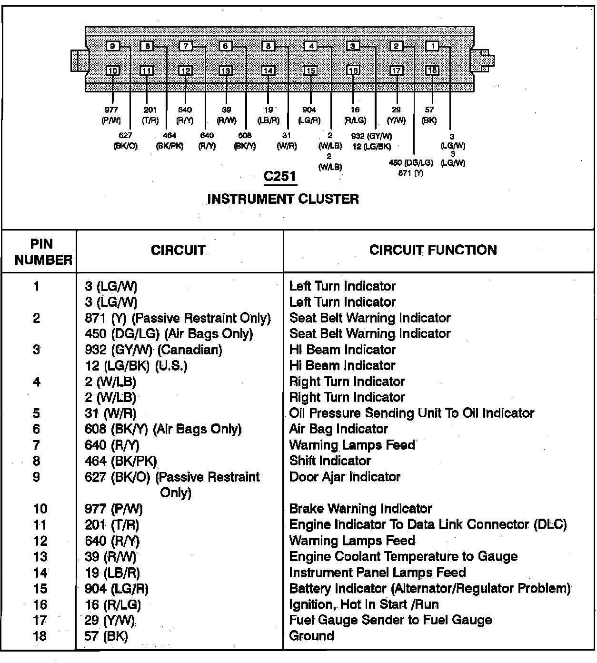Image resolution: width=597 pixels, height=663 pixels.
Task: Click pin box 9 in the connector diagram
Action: [x=113, y=46]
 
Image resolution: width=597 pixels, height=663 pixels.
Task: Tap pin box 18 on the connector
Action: [x=432, y=70]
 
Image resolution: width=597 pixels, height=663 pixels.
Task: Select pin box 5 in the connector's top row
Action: [x=269, y=46]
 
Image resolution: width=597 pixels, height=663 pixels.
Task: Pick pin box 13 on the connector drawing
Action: [x=226, y=70]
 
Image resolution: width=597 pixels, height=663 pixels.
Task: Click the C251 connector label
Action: [x=280, y=176]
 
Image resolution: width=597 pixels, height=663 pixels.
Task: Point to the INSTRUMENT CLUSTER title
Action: [x=283, y=199]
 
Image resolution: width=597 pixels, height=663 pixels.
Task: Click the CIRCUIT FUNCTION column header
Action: [x=433, y=250]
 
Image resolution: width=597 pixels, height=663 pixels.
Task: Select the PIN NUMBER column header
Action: [x=42, y=252]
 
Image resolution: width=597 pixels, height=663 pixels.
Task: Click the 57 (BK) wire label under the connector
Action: [x=429, y=115]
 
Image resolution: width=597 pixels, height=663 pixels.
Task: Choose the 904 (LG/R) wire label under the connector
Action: [x=309, y=115]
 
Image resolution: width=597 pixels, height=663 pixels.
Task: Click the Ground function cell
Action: [x=311, y=636]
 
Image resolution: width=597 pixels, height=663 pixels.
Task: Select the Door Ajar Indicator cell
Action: [x=345, y=477]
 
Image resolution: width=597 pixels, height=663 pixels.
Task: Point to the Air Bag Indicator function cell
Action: [x=338, y=429]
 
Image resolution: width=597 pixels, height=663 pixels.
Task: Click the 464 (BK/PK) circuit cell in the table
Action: [x=121, y=461]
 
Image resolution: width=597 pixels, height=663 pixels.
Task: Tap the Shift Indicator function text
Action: [x=330, y=461]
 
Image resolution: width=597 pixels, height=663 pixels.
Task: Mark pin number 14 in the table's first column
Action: [x=40, y=573]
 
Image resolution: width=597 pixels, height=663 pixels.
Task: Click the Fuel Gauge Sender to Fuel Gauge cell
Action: [x=390, y=620]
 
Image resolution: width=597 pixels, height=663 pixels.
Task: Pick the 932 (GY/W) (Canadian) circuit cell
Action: [x=153, y=350]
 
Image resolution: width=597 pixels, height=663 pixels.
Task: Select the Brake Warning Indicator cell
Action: [x=360, y=509]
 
